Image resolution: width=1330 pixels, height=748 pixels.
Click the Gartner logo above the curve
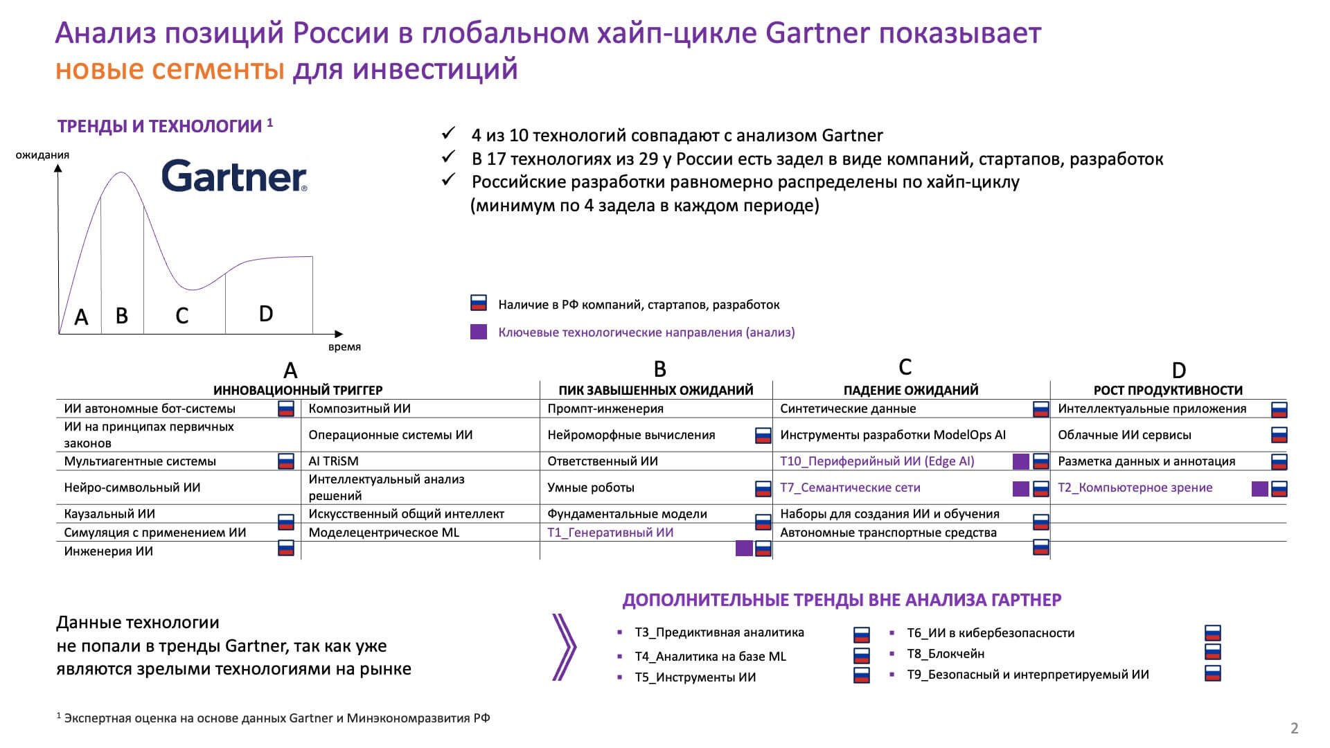point(234,176)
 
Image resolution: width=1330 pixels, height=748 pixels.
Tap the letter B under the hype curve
point(122,316)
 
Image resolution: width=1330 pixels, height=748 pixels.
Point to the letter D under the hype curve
point(266,314)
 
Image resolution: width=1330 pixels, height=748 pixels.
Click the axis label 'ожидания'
point(42,155)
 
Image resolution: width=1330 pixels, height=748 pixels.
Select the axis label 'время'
point(344,347)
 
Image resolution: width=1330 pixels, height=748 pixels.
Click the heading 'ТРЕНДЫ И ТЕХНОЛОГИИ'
point(159,126)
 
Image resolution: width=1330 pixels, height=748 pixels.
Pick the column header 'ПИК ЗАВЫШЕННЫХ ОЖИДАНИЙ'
point(655,391)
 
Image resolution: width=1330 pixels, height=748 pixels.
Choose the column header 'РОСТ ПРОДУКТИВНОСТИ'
point(1168,391)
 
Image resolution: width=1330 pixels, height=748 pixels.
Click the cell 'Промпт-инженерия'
point(605,409)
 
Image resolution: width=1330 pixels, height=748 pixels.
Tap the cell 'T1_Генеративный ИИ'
point(610,533)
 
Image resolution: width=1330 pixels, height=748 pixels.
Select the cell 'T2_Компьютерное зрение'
point(1135,488)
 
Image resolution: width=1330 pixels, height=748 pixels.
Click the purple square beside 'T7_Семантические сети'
point(1020,489)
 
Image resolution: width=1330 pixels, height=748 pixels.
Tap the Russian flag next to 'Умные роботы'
point(763,489)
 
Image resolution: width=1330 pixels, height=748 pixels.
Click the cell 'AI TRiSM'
point(333,461)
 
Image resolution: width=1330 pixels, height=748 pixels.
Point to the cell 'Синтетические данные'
point(848,409)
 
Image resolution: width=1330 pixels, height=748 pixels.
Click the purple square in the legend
point(478,332)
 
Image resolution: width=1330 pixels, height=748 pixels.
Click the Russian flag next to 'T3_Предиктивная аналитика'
point(861,634)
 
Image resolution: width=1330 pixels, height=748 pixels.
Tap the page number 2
point(1294,728)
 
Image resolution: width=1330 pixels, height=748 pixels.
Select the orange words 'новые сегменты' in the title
point(170,69)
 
